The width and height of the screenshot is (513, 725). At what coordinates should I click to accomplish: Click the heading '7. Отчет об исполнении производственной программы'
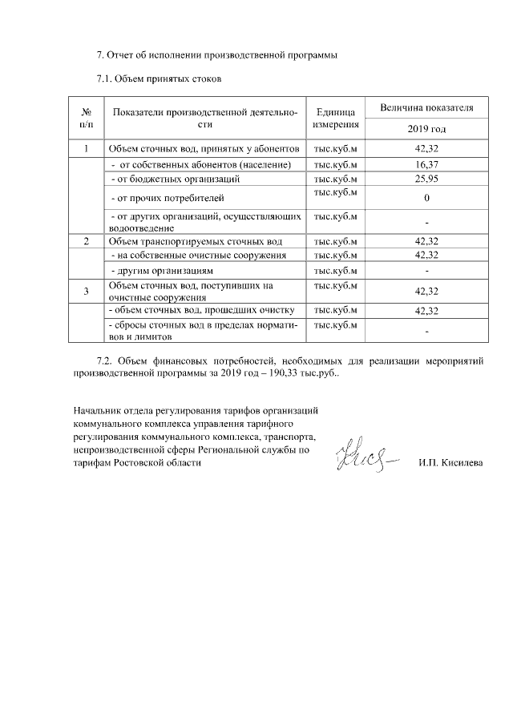pos(216,55)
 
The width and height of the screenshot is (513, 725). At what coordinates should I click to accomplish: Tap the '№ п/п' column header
pos(86,118)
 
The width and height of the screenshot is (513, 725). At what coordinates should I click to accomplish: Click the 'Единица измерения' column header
pos(334,118)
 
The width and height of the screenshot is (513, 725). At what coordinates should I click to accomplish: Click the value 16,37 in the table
pos(426,164)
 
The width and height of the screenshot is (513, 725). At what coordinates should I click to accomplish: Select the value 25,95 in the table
pos(426,178)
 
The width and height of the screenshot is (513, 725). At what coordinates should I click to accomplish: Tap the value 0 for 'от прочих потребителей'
pos(426,197)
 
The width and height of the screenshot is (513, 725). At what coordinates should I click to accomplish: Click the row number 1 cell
pos(86,149)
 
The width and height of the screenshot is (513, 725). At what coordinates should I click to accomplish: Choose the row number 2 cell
pos(86,241)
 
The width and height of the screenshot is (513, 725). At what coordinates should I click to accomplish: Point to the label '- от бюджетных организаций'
pos(175,178)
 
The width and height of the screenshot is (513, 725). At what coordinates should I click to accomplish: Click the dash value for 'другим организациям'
pos(426,271)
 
